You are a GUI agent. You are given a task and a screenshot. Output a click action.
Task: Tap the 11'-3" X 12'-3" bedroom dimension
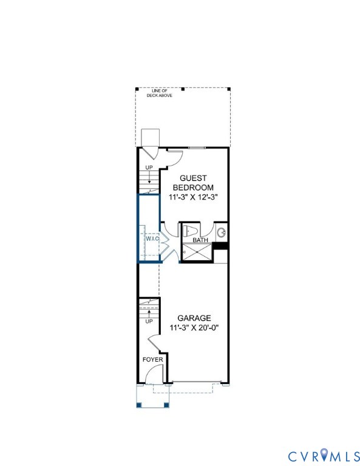(x=193, y=197)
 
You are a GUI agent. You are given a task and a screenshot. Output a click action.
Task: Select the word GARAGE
(x=194, y=318)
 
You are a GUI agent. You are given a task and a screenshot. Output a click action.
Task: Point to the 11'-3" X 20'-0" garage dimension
(x=194, y=328)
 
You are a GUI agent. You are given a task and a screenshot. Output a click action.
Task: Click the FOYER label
(x=152, y=360)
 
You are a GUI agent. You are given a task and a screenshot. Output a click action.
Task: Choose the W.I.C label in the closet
(x=152, y=239)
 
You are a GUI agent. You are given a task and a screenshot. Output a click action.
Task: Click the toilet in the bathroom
(x=191, y=231)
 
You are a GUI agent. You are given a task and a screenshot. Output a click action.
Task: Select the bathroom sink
(x=222, y=231)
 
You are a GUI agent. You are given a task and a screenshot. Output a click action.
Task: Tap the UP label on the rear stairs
(x=148, y=167)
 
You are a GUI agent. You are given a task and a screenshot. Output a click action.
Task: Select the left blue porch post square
(x=139, y=405)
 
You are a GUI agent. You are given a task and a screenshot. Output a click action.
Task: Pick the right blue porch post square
(x=165, y=405)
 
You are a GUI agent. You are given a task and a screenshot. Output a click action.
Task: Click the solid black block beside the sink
(x=222, y=245)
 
